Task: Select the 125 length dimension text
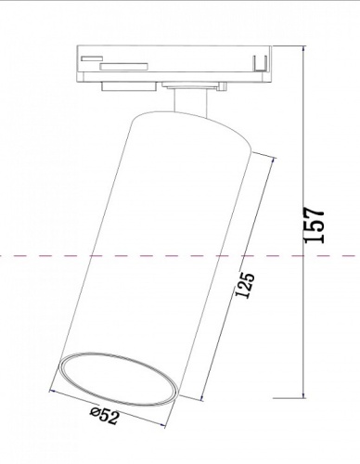click(245, 289)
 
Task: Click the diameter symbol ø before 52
click(96, 414)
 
